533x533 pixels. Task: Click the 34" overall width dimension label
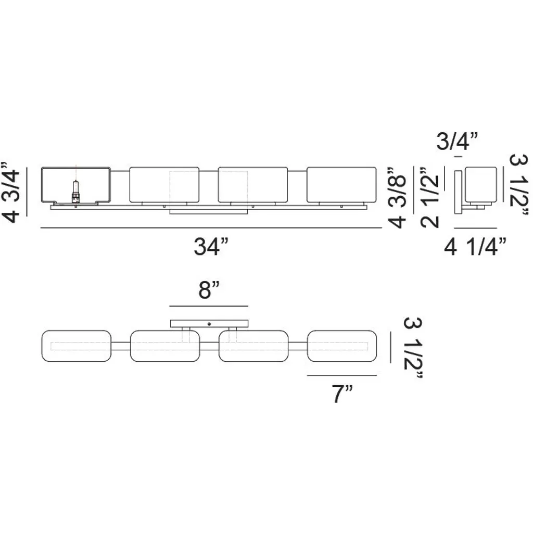click(211, 246)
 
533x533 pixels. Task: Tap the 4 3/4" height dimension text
click(11, 192)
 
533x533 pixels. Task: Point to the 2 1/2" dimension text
click(429, 197)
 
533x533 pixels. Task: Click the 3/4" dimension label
click(457, 141)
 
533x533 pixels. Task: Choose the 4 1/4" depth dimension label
click(475, 246)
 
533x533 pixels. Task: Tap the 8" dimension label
click(209, 290)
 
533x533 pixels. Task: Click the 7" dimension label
click(342, 394)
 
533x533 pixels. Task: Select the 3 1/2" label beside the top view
click(413, 348)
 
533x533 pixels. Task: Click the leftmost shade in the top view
click(76, 346)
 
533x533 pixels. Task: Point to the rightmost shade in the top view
click(342, 346)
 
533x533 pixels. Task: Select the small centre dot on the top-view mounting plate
click(209, 324)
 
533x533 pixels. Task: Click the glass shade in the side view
click(481, 185)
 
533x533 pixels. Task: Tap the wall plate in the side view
click(458, 192)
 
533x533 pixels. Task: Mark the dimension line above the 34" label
click(211, 228)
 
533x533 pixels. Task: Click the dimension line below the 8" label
click(209, 306)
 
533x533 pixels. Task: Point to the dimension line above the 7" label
click(342, 375)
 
